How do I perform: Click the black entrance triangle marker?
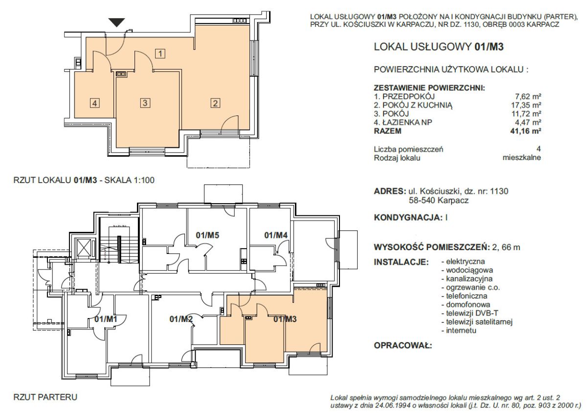click(116, 23)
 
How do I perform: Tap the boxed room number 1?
click(160, 53)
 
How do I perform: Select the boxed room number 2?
click(215, 103)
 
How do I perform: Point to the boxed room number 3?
click(145, 103)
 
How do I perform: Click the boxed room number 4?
click(94, 103)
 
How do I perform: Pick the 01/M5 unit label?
click(207, 235)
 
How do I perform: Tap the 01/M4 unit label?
click(276, 235)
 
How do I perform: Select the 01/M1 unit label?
click(106, 319)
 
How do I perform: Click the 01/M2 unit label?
click(181, 319)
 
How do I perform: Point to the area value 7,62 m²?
click(528, 96)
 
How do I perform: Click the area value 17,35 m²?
click(526, 105)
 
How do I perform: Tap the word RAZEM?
click(387, 131)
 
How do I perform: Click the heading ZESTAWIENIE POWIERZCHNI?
click(429, 88)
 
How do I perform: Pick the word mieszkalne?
click(522, 158)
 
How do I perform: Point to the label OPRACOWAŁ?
click(403, 345)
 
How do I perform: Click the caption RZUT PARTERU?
click(45, 397)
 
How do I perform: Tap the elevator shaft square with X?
click(83, 248)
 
